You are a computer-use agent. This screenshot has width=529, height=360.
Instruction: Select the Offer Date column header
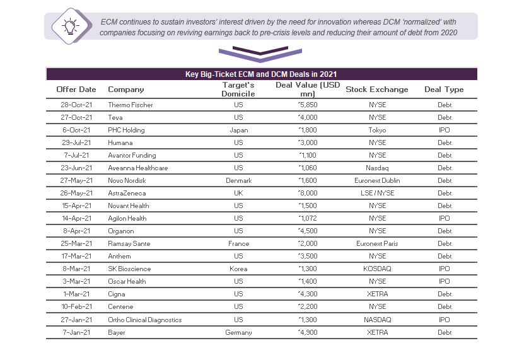coord(76,90)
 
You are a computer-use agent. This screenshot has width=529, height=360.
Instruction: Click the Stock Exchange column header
coord(376,90)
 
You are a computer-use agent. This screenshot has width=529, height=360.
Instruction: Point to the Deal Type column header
coord(444,90)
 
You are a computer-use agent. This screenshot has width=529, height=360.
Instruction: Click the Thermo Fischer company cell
coord(131,105)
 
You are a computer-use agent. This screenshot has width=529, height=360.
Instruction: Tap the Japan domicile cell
coord(239,130)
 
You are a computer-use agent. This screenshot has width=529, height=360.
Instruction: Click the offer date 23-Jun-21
coord(76,168)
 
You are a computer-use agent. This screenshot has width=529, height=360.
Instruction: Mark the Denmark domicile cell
coord(239,180)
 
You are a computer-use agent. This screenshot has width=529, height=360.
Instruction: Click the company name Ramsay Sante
coord(129,243)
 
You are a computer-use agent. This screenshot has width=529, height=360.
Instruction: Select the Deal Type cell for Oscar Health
coord(445,281)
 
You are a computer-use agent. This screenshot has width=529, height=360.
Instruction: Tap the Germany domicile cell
coord(239,332)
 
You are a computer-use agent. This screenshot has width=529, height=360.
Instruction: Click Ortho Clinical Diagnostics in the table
coord(145,320)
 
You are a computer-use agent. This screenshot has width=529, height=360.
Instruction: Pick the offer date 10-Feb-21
coord(76,307)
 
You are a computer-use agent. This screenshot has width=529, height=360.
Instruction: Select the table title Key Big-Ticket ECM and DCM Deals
coord(261,74)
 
